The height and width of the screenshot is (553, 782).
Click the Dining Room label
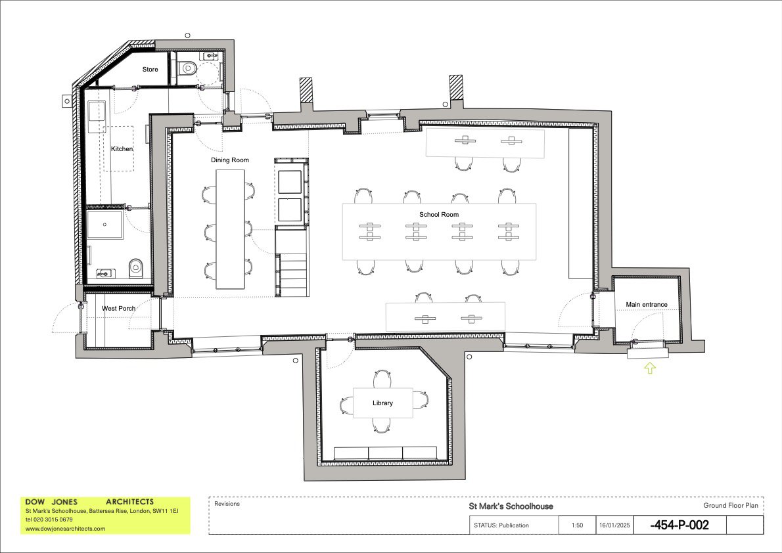coord(229,160)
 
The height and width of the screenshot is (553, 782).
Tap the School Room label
coord(439,215)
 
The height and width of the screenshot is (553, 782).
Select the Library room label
coord(382,403)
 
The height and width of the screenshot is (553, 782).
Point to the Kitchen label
coord(122,149)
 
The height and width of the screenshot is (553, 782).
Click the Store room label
coord(150,69)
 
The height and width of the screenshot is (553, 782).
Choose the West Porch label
coord(118,308)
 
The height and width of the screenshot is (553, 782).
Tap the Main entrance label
coord(646,305)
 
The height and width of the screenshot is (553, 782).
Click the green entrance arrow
coord(649,368)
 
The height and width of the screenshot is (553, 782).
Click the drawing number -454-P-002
coord(679,525)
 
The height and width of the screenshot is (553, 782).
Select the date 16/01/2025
coord(614,525)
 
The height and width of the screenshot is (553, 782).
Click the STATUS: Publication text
coord(501,525)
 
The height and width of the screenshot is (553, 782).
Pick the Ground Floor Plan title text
coord(730,506)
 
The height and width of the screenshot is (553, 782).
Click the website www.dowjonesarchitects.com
coord(65,528)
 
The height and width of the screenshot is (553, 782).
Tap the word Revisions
coord(227,504)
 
